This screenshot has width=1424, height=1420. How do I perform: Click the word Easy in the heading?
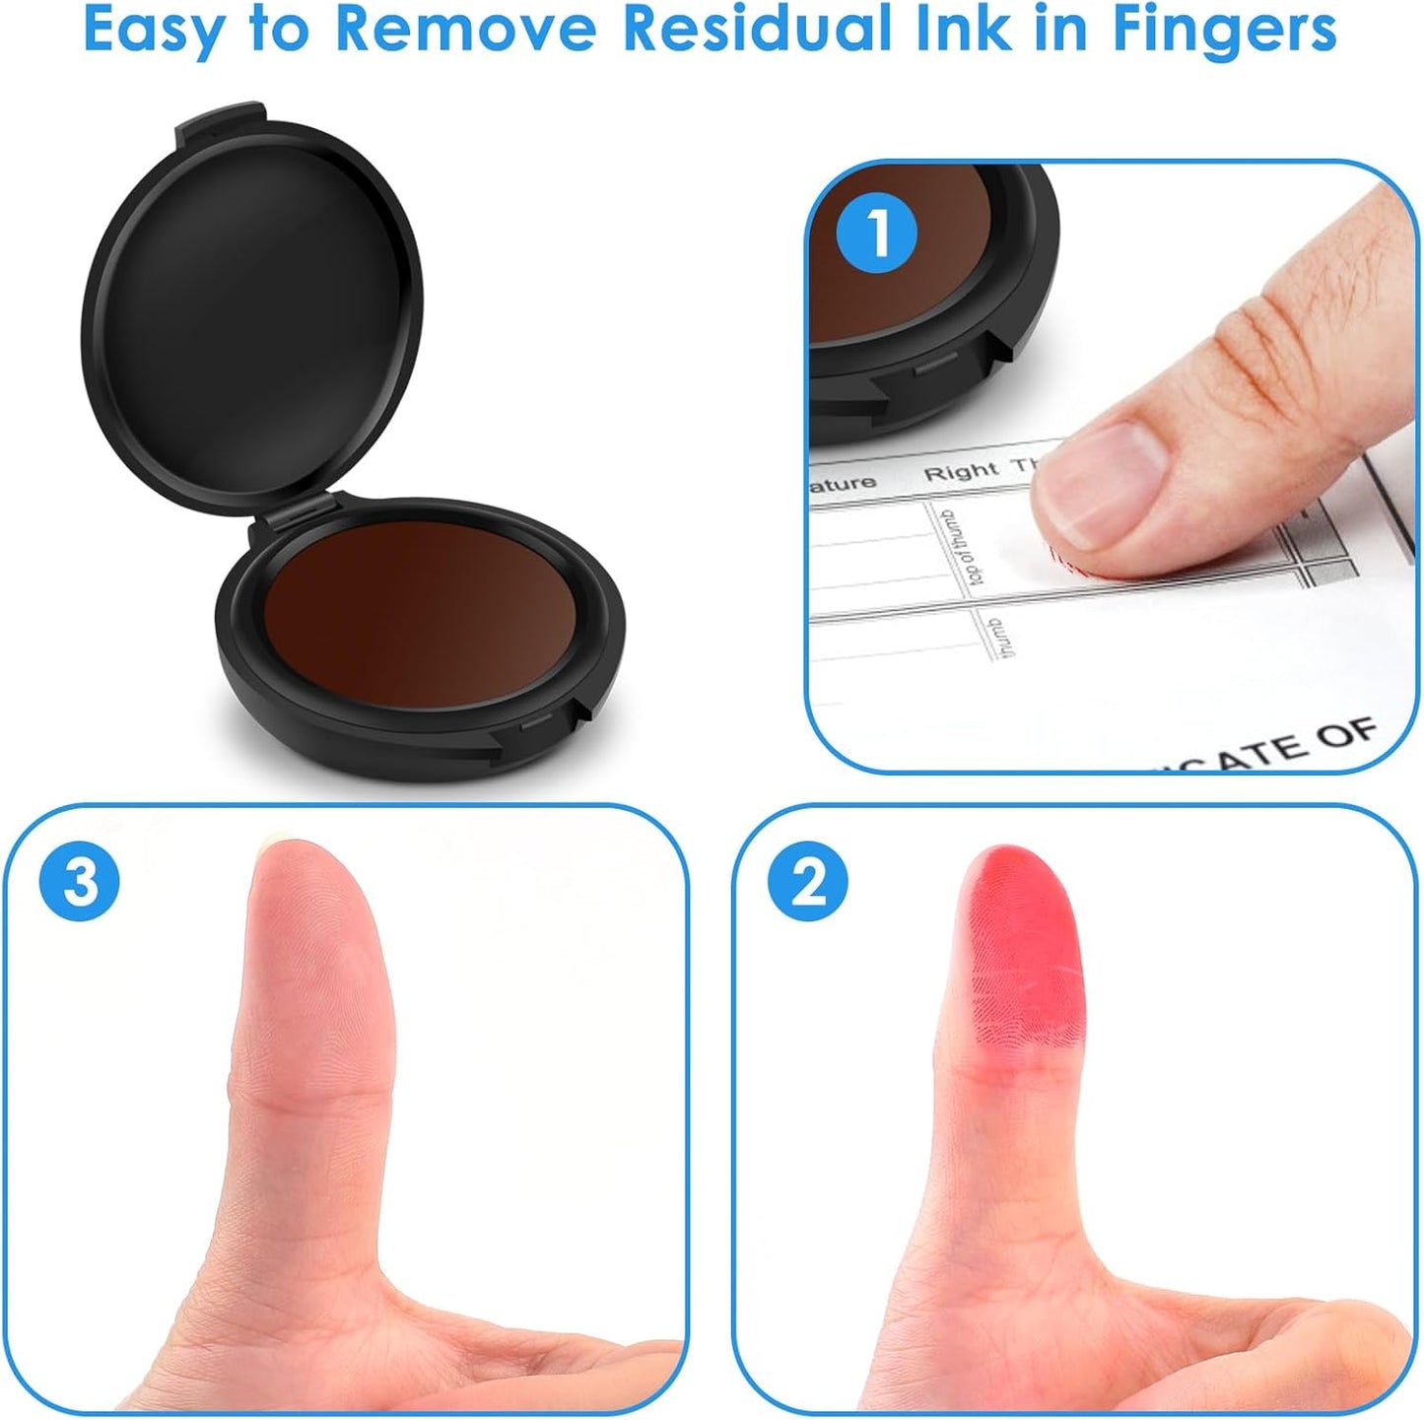(154, 30)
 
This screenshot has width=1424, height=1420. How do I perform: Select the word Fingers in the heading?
(1224, 30)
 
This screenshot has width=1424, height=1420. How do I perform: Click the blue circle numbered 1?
(876, 234)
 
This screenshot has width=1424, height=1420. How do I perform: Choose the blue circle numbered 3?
(80, 881)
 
